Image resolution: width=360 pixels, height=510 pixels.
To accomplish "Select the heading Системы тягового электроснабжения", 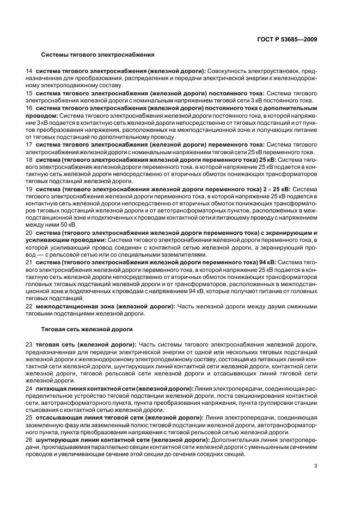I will (98, 55).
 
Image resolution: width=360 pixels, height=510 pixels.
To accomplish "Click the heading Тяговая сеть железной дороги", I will (87, 330).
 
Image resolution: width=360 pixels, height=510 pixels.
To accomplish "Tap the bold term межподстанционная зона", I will (72, 306).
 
